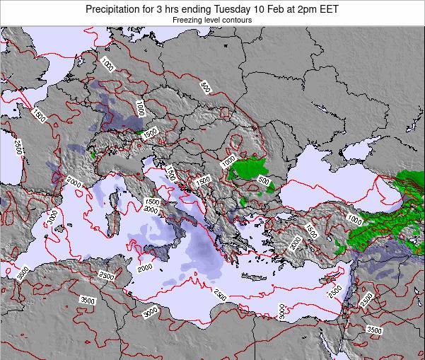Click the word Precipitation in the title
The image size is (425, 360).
116,9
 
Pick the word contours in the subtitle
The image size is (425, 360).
237,21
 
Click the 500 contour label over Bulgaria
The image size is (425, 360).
263,181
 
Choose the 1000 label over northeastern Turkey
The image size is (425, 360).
354,221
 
